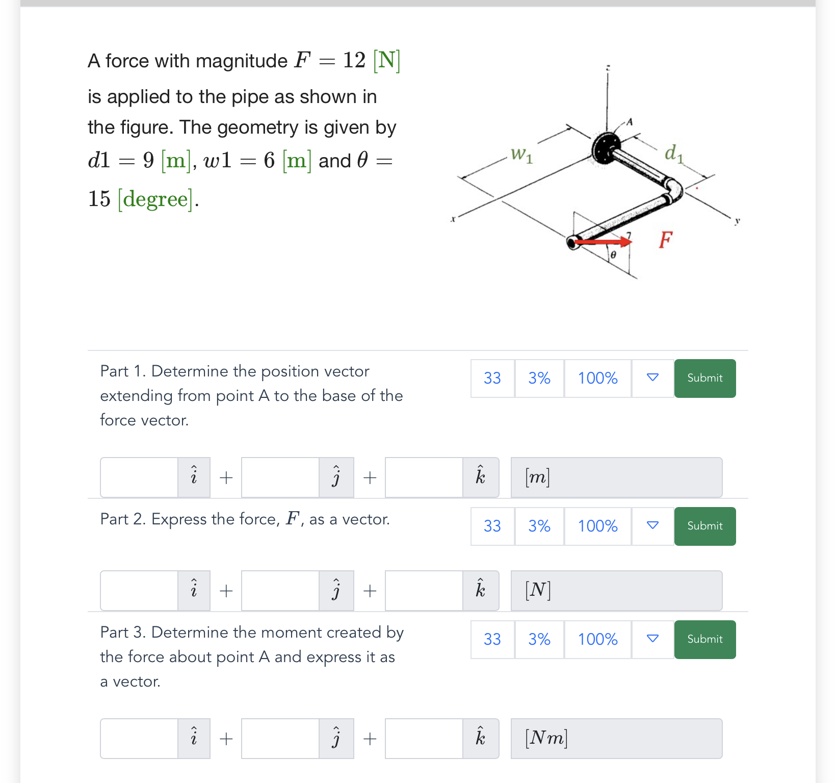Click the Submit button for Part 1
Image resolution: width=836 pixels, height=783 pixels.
tap(704, 378)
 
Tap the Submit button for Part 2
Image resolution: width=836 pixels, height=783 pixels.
tap(704, 526)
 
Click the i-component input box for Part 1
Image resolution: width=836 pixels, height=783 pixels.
tap(139, 477)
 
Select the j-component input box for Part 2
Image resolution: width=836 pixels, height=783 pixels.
tap(280, 591)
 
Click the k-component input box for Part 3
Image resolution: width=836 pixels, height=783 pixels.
tap(424, 739)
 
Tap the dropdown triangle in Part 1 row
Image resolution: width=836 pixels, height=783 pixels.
tap(652, 378)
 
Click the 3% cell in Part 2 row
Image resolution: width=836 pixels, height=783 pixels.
tap(539, 526)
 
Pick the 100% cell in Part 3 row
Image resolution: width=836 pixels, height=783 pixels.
tap(597, 639)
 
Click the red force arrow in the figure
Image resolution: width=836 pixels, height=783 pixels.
tap(604, 241)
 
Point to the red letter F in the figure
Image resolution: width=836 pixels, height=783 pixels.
tap(665, 239)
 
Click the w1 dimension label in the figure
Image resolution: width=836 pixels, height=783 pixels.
tap(521, 154)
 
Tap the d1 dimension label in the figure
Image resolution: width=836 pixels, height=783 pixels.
tap(673, 153)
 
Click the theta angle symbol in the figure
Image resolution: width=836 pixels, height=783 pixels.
tap(613, 254)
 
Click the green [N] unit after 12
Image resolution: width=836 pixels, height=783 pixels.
tap(386, 61)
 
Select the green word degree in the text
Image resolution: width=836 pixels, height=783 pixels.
tap(155, 199)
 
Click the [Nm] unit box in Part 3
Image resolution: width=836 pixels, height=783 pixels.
tap(616, 739)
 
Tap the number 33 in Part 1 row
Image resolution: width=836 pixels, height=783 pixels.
tap(492, 378)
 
